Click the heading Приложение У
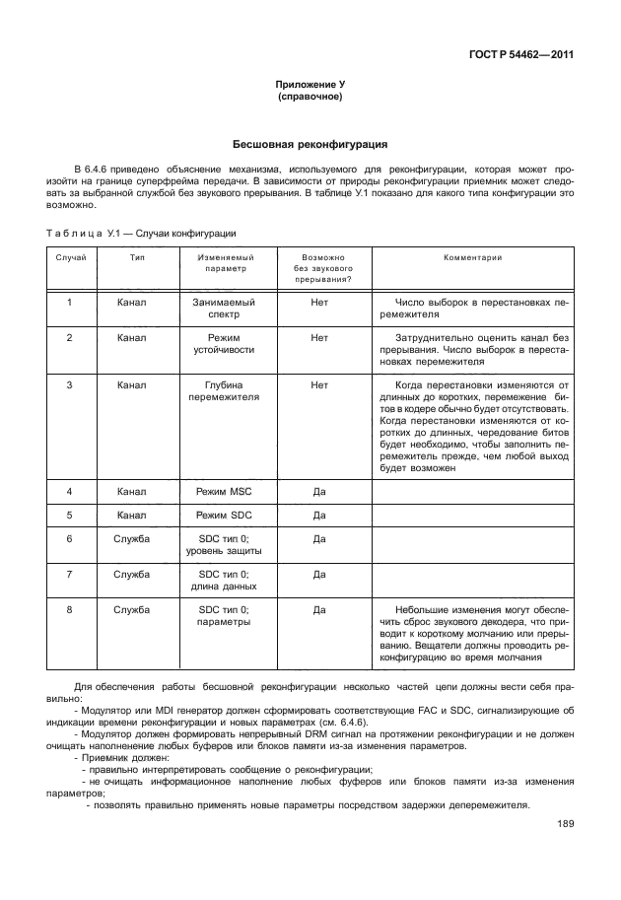[x=310, y=86]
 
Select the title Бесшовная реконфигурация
[x=310, y=144]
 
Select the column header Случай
[x=70, y=257]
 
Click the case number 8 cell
[x=70, y=610]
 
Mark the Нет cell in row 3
[x=319, y=384]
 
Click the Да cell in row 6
[x=319, y=539]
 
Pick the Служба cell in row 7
[x=131, y=573]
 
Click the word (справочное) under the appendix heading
[x=310, y=99]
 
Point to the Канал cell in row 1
[x=131, y=303]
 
